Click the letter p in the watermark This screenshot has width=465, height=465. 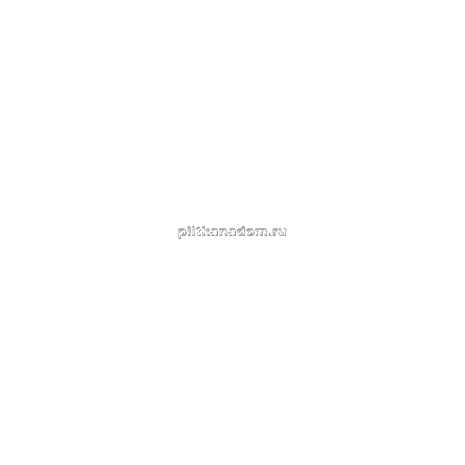click(x=183, y=233)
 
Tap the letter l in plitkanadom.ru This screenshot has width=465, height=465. click(x=190, y=231)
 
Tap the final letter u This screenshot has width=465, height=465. click(x=282, y=232)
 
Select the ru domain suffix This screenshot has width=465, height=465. click(x=280, y=232)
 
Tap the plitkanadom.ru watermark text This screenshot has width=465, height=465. click(x=232, y=232)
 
